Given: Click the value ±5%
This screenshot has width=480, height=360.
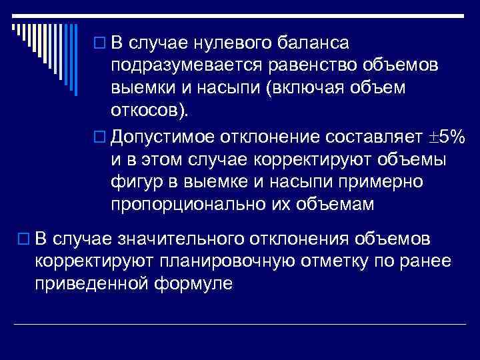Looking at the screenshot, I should coord(446,137).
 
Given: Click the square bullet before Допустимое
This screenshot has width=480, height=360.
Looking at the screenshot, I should coord(101,137).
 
